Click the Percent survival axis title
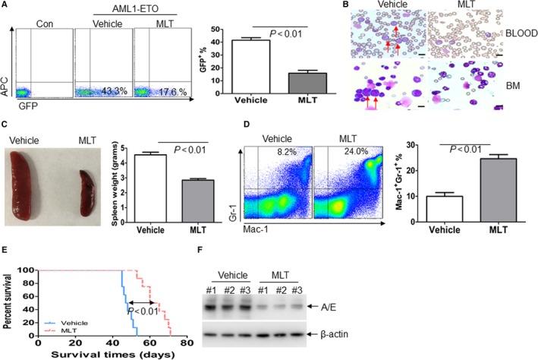[9, 301]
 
